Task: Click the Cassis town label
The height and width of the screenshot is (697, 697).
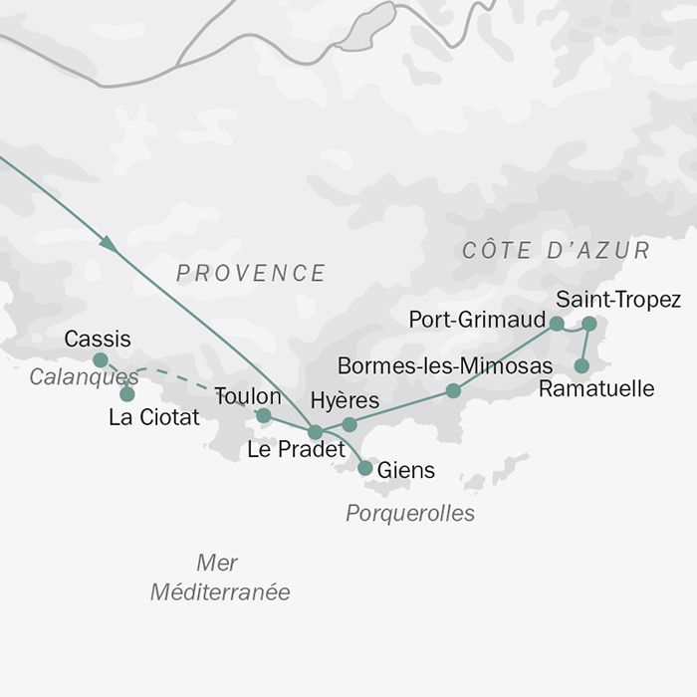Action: [x=98, y=340]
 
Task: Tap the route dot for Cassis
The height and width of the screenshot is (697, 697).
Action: [x=101, y=359]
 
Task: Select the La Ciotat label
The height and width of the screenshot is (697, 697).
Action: [x=154, y=418]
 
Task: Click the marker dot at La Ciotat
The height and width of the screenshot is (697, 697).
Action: [x=127, y=394]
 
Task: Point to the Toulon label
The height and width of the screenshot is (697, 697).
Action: [x=248, y=396]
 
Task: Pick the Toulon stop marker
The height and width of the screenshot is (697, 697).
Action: [x=264, y=415]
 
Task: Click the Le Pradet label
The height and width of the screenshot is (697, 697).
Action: [x=296, y=450]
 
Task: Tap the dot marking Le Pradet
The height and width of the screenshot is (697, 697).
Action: [x=316, y=432]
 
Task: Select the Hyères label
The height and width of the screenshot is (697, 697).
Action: [x=345, y=401]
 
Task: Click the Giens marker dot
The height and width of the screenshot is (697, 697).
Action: [x=365, y=468]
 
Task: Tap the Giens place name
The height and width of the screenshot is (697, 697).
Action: [x=406, y=470]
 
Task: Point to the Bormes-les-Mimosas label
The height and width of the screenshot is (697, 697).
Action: [x=444, y=365]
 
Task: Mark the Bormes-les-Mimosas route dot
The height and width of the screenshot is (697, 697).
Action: [x=453, y=390]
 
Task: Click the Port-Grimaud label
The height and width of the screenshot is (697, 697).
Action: [x=478, y=320]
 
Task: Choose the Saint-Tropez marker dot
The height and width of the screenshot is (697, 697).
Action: [x=588, y=324]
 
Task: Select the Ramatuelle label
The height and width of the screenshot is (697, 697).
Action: [x=596, y=388]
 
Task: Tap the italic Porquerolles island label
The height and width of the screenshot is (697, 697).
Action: [x=410, y=514]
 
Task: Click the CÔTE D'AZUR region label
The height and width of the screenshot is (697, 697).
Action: [x=556, y=251]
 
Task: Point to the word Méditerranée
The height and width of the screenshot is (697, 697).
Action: [x=220, y=592]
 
